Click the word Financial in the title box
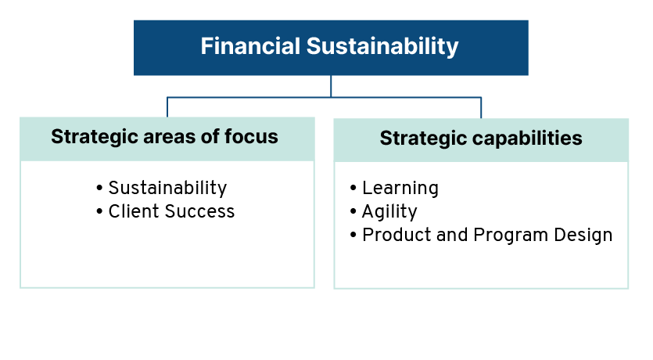(250, 46)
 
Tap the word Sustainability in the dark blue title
(382, 47)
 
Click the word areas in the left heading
(169, 137)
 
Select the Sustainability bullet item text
(167, 189)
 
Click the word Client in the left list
(134, 211)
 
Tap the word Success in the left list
(200, 211)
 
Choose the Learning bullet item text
(400, 189)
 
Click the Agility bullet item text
(389, 212)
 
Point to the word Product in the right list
(396, 235)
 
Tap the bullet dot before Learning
(353, 188)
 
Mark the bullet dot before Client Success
(99, 211)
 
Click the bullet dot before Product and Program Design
(353, 235)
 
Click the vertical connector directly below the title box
(331, 86)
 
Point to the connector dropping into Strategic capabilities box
(481, 108)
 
